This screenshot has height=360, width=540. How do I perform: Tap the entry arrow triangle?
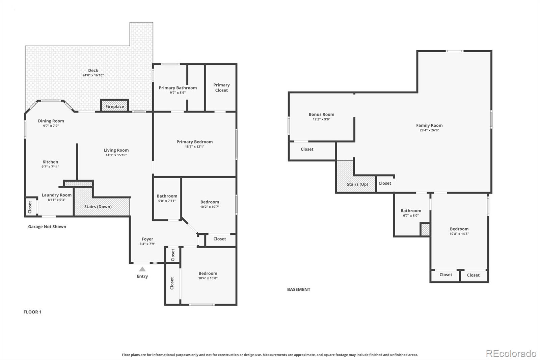(x=142, y=269)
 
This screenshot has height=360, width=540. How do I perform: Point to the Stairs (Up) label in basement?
(x=357, y=184)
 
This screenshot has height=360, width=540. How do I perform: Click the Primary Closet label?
(x=221, y=87)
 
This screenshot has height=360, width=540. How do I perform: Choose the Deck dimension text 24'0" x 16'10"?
(x=93, y=75)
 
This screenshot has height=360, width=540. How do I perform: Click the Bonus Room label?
(x=321, y=114)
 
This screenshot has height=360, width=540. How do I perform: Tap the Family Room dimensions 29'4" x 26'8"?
(x=429, y=130)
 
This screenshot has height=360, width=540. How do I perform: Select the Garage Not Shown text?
(x=47, y=227)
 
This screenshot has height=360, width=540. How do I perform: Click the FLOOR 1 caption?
(x=32, y=312)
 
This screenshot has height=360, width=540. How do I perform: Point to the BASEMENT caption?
(x=299, y=289)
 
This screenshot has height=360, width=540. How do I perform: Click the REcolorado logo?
(x=511, y=354)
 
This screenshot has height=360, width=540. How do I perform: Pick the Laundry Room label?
(x=57, y=195)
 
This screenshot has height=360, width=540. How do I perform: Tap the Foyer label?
(x=147, y=239)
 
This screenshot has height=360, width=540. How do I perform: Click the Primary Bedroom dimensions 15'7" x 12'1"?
(x=195, y=147)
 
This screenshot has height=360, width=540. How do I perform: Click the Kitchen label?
(x=50, y=162)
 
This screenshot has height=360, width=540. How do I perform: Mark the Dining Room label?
(x=51, y=121)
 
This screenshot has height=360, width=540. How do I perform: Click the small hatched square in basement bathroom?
(x=425, y=230)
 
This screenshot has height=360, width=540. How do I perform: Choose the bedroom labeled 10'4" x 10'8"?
(x=208, y=276)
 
